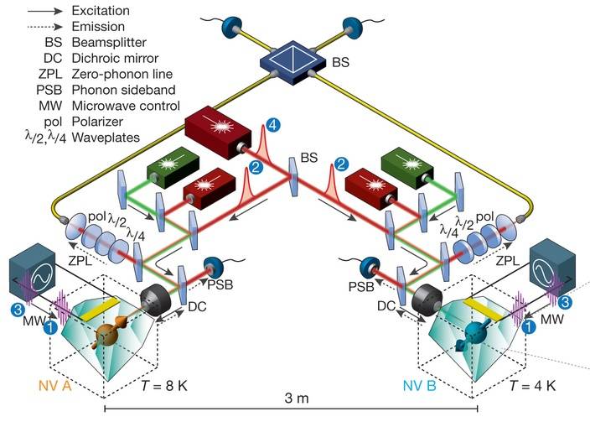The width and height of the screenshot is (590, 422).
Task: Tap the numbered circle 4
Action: pyautogui.click(x=270, y=128)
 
